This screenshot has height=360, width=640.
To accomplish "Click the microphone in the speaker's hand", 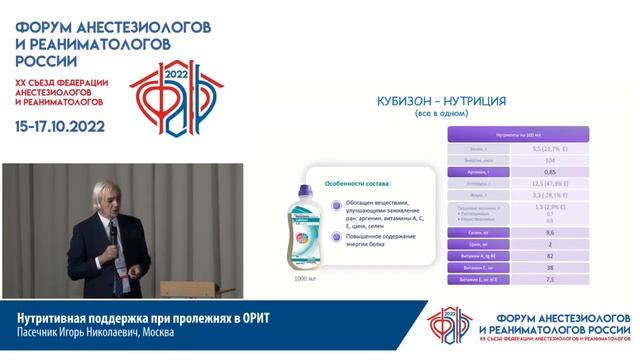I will [113, 232].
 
